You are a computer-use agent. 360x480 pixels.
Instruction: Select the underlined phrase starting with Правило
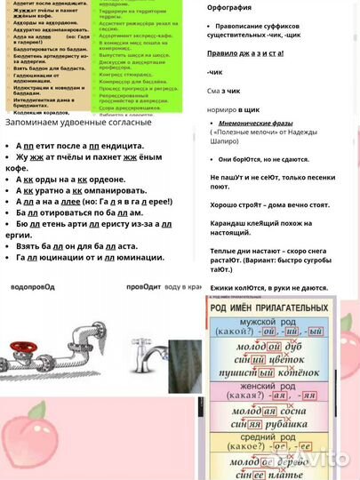coord(246,52)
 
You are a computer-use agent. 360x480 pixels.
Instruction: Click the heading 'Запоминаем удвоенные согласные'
coord(78,122)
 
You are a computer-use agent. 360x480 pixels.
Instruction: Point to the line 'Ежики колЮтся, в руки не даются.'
coord(268,288)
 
